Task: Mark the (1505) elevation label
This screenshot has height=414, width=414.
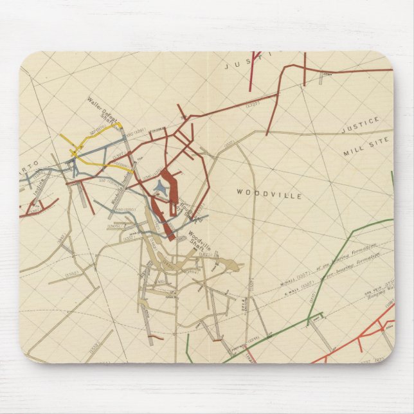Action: click(116, 226)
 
